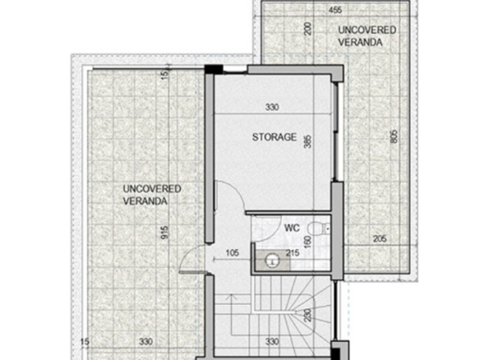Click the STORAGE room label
(275, 136)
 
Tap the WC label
(292, 228)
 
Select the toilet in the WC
(318, 228)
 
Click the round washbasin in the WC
(272, 261)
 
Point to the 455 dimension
(335, 10)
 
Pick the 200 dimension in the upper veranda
(308, 29)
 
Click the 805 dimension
(394, 136)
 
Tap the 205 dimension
(380, 238)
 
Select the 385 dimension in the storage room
(307, 141)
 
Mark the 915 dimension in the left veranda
(164, 233)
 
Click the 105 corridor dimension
(233, 253)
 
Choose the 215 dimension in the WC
(293, 253)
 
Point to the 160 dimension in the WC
(308, 242)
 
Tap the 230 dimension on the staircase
(308, 316)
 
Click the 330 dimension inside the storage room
(272, 107)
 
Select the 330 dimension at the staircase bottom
(272, 341)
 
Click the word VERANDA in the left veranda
(145, 201)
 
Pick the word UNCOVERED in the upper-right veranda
(367, 30)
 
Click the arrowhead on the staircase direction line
(231, 296)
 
